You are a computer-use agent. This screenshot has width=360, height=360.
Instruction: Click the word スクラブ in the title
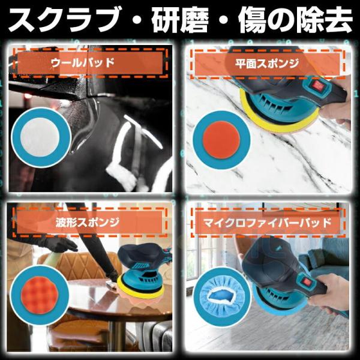click(66, 20)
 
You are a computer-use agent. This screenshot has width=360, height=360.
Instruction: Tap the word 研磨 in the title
click(180, 20)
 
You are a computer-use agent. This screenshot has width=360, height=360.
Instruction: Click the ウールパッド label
click(83, 62)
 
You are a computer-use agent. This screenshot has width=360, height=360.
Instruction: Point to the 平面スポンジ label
click(267, 64)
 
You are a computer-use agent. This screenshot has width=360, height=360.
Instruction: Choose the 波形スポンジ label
click(88, 222)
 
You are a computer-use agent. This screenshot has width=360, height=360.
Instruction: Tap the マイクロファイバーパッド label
click(267, 222)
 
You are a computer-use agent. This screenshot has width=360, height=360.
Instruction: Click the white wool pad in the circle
click(40, 137)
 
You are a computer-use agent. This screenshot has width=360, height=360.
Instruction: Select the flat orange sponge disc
click(221, 140)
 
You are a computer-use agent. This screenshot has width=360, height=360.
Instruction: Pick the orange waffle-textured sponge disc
click(39, 295)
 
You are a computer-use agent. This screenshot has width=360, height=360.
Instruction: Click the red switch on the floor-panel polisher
click(307, 282)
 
